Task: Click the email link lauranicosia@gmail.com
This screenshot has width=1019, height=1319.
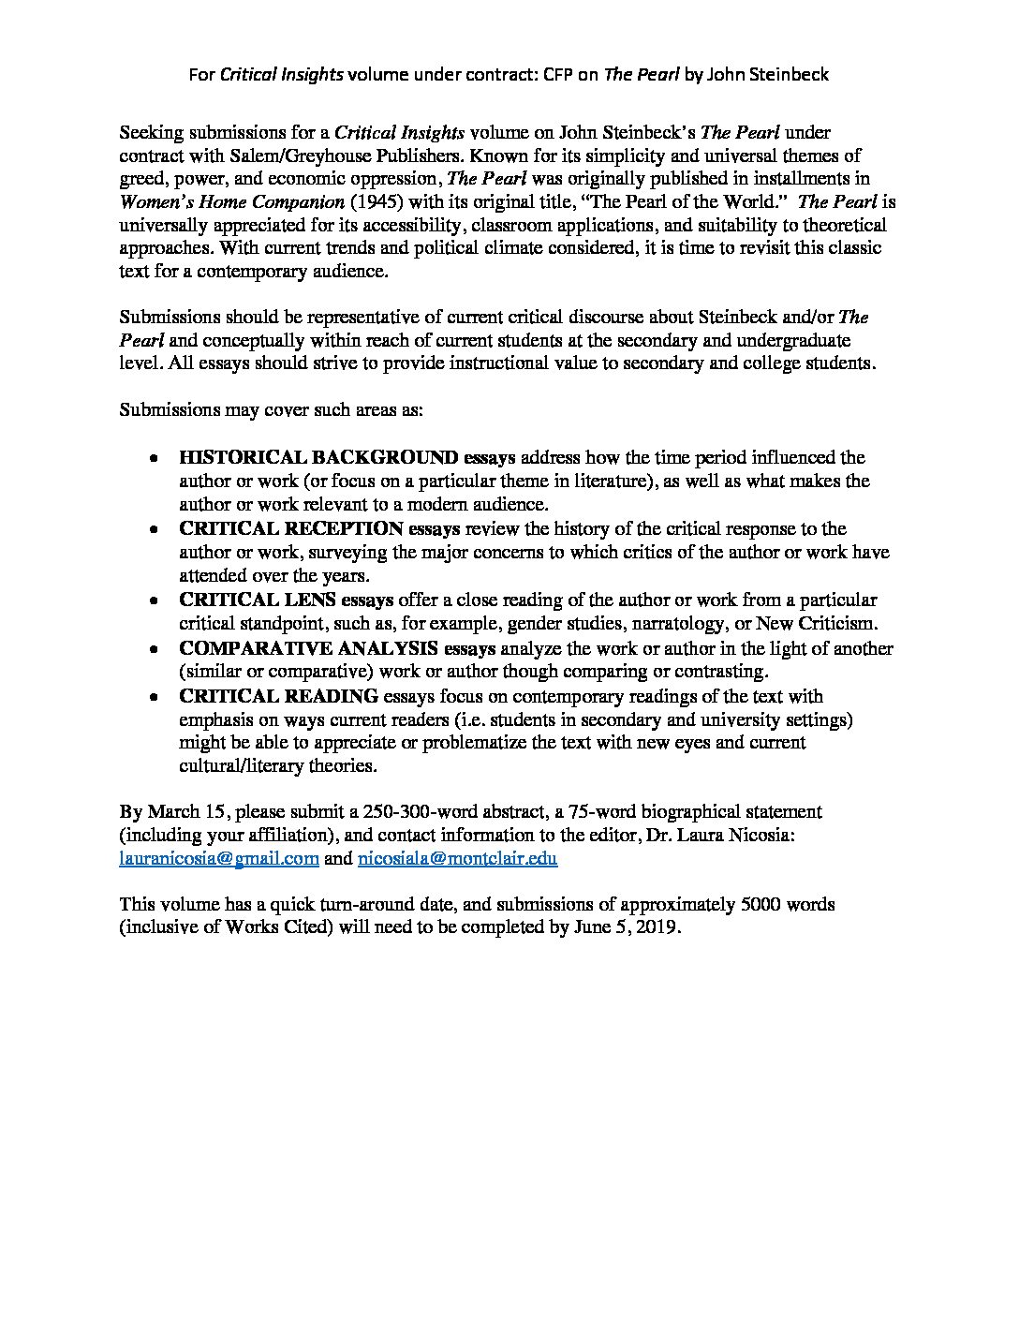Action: (x=219, y=858)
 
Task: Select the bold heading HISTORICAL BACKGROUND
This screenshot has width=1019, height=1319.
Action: (x=318, y=458)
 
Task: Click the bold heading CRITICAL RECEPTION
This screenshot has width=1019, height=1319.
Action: (x=291, y=529)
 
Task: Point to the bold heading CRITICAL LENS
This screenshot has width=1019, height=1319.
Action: (x=258, y=600)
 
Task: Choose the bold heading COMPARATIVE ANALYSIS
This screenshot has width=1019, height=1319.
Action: (x=308, y=648)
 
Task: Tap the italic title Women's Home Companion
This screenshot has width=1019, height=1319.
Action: (x=219, y=201)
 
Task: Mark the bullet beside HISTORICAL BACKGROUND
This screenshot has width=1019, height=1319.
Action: (x=153, y=459)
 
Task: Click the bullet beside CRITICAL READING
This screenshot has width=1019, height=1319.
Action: (x=153, y=697)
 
